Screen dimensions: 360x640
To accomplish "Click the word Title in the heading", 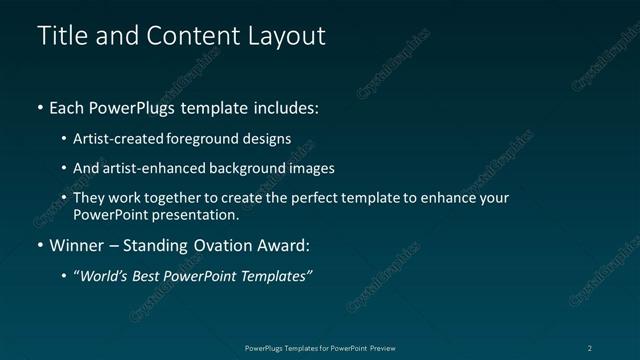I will [59, 36].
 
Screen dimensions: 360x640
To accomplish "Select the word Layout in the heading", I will [287, 36].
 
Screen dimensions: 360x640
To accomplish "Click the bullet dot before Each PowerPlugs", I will [40, 107].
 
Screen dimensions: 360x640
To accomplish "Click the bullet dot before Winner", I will [40, 245].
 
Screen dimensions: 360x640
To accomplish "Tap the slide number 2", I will [590, 347].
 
